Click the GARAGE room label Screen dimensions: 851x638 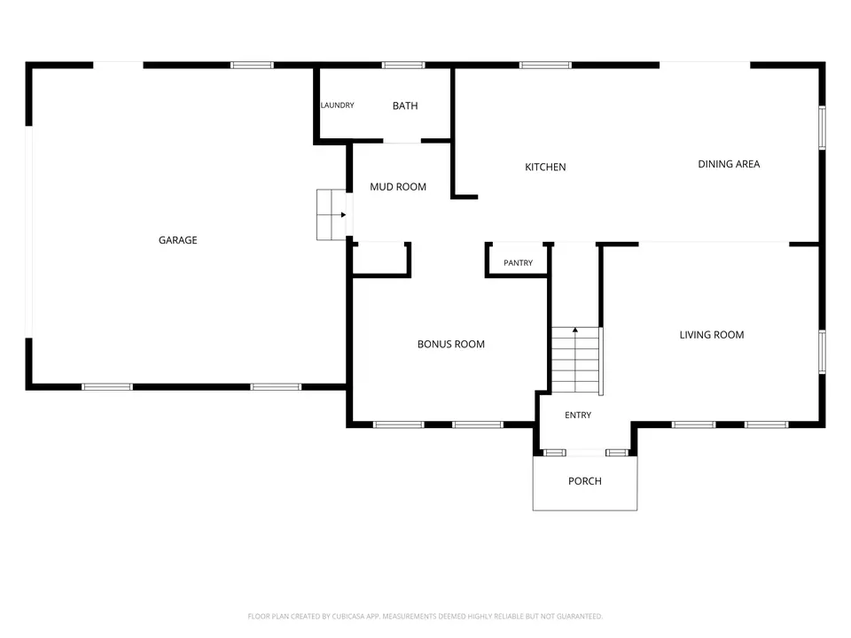177,240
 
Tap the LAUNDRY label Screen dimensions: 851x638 337,105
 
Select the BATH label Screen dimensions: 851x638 405,105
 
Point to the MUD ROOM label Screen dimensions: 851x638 398,187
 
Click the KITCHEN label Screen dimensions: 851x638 545,167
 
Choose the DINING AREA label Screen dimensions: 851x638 729,164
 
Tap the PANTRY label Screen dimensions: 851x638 518,262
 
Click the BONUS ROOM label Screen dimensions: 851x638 450,344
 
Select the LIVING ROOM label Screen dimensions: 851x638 712,335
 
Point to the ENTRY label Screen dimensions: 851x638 577,415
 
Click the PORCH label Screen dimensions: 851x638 584,480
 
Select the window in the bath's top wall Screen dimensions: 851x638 403,65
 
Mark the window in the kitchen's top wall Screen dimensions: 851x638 545,65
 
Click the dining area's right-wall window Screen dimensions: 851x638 823,128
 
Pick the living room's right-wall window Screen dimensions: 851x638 823,352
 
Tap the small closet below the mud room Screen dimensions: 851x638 380,260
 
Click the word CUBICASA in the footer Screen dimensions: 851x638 348,617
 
